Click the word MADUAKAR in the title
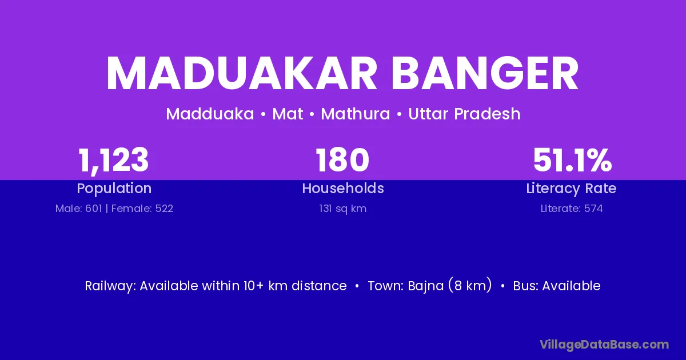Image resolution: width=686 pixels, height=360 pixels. (x=241, y=73)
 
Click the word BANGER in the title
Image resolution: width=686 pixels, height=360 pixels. (x=485, y=73)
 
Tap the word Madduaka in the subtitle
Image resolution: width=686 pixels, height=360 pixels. (x=210, y=114)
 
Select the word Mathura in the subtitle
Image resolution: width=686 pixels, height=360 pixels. (x=355, y=114)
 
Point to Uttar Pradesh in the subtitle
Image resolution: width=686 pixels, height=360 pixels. (x=464, y=114)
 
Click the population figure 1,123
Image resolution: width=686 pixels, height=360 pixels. (x=114, y=161)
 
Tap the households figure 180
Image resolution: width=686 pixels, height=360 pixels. (x=342, y=160)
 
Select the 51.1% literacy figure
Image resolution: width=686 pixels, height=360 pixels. (x=572, y=160)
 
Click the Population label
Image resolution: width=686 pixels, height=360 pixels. (x=114, y=189)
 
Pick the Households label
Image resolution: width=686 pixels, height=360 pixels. (x=343, y=188)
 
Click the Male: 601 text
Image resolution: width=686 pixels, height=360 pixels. (x=79, y=209)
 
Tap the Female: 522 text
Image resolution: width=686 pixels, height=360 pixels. (x=142, y=209)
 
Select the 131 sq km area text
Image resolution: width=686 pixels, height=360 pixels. (x=342, y=209)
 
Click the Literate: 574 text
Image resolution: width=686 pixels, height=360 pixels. (x=572, y=209)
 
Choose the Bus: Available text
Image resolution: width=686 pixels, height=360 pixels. (x=557, y=286)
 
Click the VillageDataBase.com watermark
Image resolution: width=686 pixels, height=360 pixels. (x=604, y=345)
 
